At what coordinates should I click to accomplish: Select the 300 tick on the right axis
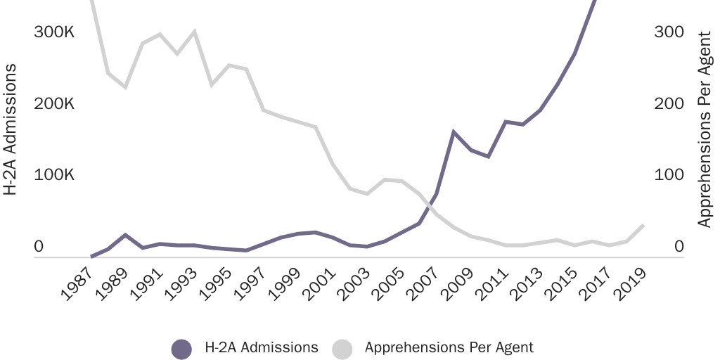point(668,32)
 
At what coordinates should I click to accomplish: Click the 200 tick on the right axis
point(668,103)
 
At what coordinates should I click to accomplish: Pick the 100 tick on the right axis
point(668,174)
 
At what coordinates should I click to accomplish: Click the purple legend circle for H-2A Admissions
point(181,348)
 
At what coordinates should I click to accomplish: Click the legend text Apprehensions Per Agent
point(449,347)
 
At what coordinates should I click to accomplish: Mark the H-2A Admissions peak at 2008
point(454,132)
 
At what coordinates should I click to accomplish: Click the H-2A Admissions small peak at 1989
point(125,235)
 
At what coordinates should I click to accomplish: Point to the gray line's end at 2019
point(643,225)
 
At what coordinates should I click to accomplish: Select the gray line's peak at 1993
point(194,32)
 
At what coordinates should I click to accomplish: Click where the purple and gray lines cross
point(427,205)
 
